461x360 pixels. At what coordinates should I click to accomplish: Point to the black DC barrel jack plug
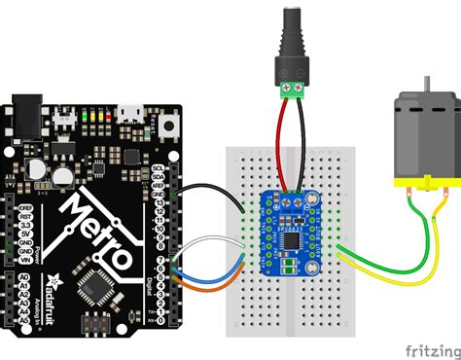point(292,39)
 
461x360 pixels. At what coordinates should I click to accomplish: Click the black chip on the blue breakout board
point(293,238)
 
